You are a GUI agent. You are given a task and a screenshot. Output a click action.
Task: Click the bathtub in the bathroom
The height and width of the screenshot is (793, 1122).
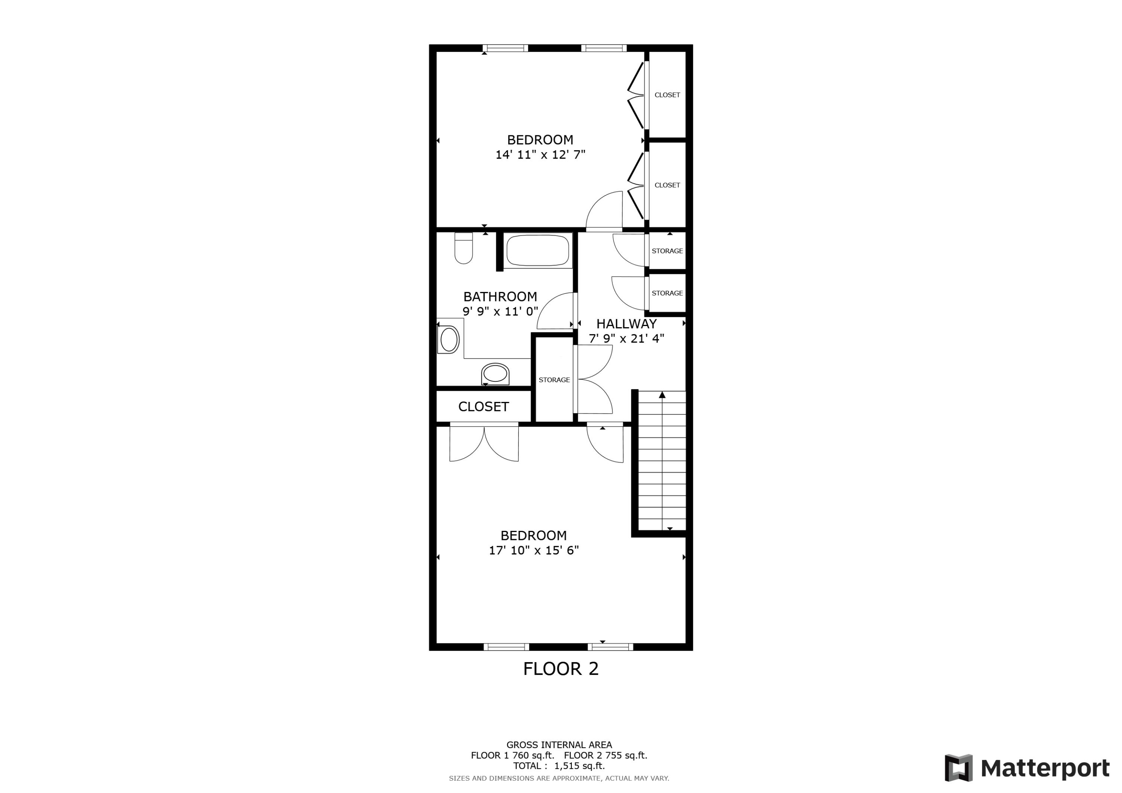pos(537,250)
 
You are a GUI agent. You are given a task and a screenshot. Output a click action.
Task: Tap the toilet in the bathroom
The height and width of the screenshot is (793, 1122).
pos(463,248)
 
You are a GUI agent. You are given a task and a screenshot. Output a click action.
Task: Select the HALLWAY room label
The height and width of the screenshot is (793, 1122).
pos(626,323)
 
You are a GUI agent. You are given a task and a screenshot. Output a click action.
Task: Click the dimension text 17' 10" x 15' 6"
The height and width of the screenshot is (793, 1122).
pos(534,550)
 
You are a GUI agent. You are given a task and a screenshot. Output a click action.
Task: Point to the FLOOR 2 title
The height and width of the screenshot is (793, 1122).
pos(561,668)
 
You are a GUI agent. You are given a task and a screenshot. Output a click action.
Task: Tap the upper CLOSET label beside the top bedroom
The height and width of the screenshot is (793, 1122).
pos(667,95)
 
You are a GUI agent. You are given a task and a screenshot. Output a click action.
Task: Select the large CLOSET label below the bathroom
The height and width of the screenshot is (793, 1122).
pos(483,406)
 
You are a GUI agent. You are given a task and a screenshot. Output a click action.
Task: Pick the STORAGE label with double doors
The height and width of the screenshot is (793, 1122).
pos(554,379)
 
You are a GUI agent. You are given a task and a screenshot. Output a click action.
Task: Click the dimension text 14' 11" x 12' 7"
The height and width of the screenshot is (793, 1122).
pos(540,155)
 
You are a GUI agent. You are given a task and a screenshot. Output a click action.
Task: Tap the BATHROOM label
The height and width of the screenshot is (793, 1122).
pos(500,296)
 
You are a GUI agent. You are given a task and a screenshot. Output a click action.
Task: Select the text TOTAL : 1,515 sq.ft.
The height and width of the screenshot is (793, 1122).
pos(558,766)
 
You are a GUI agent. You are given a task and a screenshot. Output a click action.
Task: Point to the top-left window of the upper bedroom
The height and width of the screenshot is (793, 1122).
pos(505,48)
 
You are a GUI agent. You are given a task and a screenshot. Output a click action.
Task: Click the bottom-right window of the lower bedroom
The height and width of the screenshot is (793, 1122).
pos(610,647)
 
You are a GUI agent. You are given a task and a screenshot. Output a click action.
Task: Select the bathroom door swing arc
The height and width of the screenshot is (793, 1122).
pos(555,312)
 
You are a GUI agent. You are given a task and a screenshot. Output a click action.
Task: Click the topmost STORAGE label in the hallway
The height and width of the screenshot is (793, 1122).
pos(667,250)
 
